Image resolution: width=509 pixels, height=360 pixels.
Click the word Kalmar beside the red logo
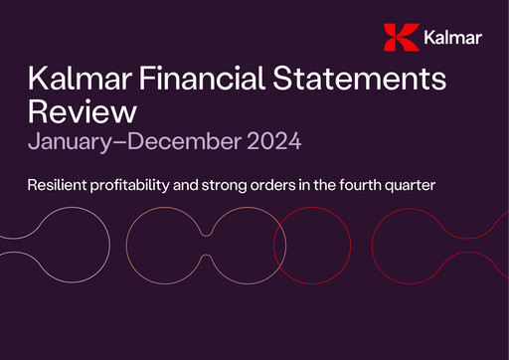pyautogui.click(x=452, y=39)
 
